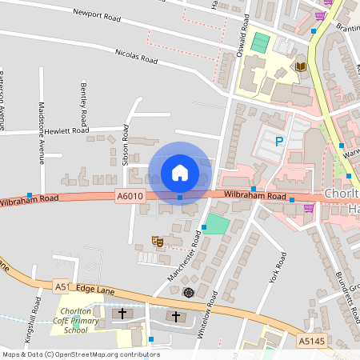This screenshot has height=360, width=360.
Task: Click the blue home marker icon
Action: tap(180, 172)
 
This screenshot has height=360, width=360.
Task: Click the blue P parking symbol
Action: tap(279, 142)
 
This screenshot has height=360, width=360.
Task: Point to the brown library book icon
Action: tap(301, 66)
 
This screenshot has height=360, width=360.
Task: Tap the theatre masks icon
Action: tap(158, 240)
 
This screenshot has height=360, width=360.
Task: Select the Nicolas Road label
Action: tap(138, 58)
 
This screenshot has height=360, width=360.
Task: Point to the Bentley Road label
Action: tap(82, 96)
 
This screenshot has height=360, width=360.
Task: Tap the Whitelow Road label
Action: tap(213, 314)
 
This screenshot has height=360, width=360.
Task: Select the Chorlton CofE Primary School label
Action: tap(76, 320)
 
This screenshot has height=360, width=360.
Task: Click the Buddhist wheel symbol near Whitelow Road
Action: tap(189, 292)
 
